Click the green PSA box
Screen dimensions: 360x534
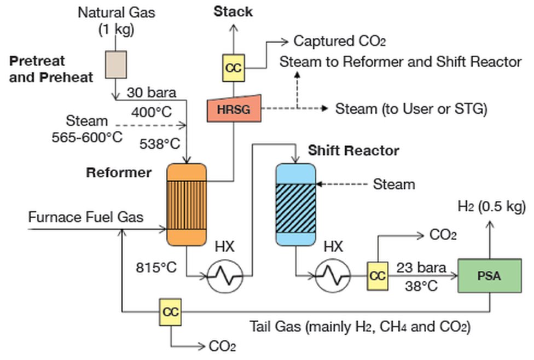point(489,276)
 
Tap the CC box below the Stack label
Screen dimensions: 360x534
point(233,68)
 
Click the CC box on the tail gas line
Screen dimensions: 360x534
point(171,312)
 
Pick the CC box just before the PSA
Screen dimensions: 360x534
point(378,276)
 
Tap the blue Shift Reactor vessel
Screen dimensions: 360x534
point(295,204)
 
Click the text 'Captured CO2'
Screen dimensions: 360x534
point(340,41)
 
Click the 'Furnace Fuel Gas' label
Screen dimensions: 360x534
point(86,217)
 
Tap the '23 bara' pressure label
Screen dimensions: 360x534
point(421,268)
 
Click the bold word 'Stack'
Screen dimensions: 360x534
point(233,11)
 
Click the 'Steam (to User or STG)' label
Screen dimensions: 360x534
point(411,109)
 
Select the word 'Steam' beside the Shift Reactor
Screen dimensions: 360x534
point(394,184)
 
